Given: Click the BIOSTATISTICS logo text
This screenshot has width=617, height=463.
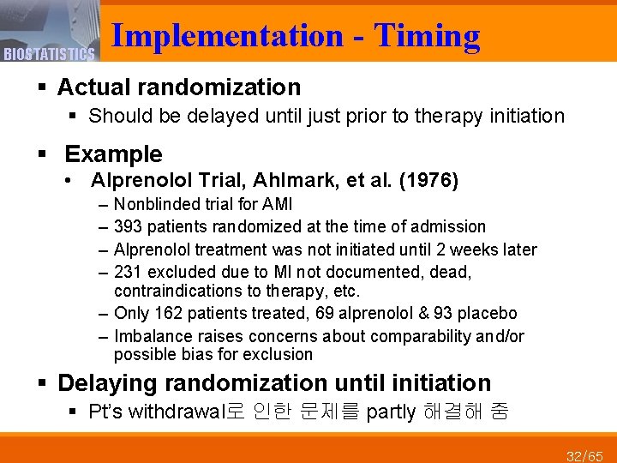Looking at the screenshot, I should [x=48, y=55].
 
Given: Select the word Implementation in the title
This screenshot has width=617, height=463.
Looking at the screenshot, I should [x=227, y=36].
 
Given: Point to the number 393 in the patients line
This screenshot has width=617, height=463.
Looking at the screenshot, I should [x=128, y=227].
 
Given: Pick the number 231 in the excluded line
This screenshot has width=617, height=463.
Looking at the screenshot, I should [x=128, y=272].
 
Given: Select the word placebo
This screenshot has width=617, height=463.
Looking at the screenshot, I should [x=489, y=314].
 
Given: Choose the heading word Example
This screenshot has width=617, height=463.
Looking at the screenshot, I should [x=113, y=154].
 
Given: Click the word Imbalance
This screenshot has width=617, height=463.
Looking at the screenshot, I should [x=151, y=336].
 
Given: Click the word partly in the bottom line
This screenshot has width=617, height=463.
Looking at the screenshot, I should [x=391, y=412].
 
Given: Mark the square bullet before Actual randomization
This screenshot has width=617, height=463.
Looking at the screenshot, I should [x=41, y=87].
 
